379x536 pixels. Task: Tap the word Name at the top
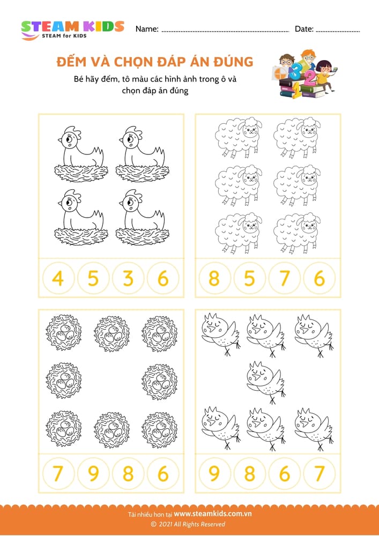147,29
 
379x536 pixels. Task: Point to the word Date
303,29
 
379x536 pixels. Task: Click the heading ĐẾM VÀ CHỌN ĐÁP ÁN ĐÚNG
154,62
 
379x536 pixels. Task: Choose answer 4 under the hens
58,278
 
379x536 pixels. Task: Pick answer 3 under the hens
128,278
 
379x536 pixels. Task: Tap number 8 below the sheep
214,278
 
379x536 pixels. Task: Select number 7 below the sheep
285,278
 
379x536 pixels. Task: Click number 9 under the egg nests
93,473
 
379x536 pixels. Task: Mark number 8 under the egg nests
128,473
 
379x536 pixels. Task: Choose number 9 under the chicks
214,473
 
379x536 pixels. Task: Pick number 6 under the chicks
285,473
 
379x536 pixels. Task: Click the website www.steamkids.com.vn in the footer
213,514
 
